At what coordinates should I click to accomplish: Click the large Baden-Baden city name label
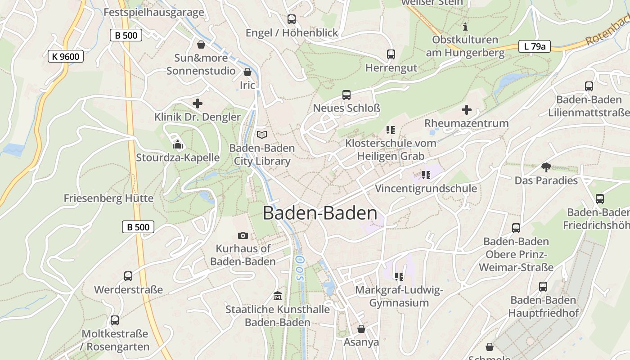click(x=320, y=213)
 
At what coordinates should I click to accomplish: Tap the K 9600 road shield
click(x=65, y=56)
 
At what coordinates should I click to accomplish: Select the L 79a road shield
click(x=534, y=46)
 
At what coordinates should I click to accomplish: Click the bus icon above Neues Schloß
click(x=346, y=95)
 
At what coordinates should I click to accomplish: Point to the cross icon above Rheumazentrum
click(x=467, y=110)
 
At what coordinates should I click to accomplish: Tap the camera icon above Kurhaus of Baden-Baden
click(x=243, y=235)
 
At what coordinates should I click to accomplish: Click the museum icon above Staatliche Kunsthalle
click(x=277, y=296)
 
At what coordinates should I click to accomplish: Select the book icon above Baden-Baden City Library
click(x=261, y=135)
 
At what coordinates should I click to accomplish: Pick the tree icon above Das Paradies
click(x=546, y=167)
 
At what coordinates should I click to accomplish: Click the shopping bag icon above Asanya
click(x=361, y=329)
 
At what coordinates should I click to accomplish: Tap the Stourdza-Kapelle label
click(x=178, y=157)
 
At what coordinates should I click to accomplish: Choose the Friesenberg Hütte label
click(x=108, y=198)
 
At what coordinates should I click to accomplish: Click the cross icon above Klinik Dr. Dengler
click(x=197, y=104)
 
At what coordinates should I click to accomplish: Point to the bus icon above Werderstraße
click(x=128, y=276)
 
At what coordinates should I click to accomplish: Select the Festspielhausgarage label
click(x=153, y=12)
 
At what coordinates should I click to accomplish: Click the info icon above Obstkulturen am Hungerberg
click(x=465, y=27)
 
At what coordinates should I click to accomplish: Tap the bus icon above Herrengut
click(x=391, y=54)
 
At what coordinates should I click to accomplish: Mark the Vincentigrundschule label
click(x=426, y=188)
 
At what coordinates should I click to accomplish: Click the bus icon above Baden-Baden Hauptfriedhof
click(x=543, y=287)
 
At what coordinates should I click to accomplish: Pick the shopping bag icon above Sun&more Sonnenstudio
click(x=201, y=45)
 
